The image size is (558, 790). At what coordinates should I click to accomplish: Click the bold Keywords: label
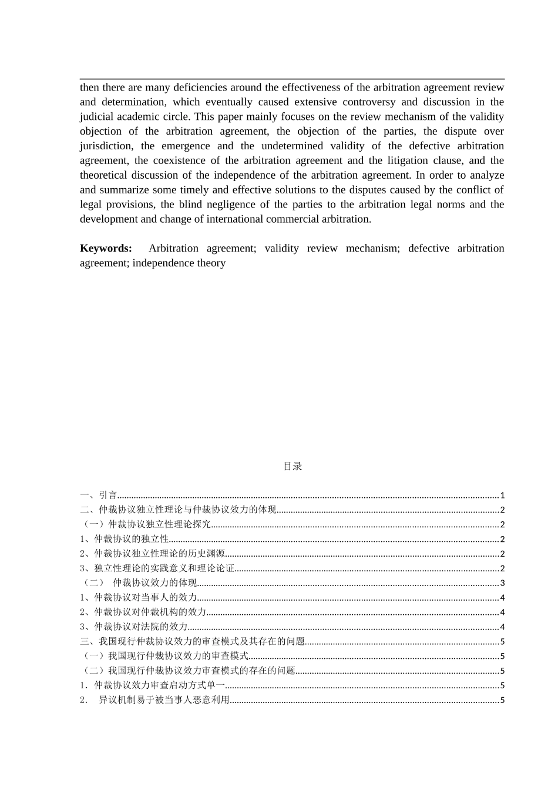(106, 249)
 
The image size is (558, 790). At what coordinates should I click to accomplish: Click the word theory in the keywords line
(211, 263)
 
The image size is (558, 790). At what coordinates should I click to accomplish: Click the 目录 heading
(293, 466)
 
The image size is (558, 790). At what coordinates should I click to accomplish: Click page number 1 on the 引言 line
(502, 496)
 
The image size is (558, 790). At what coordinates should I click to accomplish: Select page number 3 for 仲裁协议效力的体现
(502, 583)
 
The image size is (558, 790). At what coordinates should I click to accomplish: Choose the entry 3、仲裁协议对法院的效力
(134, 627)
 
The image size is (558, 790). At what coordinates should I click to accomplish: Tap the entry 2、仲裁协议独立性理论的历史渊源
(153, 554)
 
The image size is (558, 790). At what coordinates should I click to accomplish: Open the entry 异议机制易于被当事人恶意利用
(164, 700)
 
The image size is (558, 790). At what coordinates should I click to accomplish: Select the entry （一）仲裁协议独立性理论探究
(146, 525)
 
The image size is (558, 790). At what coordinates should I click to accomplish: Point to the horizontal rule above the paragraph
(292, 79)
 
